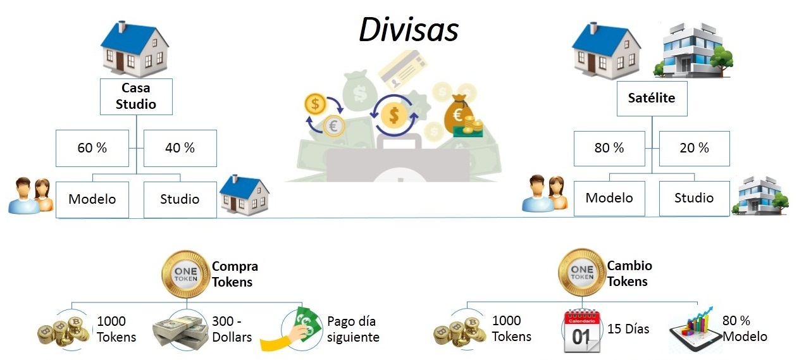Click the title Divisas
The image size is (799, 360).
coord(408,29)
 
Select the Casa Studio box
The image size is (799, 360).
coord(136,96)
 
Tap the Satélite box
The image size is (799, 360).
coord(652,98)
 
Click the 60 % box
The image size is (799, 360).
coord(92,148)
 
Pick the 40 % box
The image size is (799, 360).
coord(180,148)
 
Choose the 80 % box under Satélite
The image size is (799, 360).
coord(609,148)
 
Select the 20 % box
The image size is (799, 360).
coord(695,148)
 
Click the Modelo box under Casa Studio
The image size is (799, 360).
coord(92,199)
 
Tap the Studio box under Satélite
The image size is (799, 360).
coord(694,198)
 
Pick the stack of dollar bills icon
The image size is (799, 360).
coord(181,329)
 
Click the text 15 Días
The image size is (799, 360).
coord(628,329)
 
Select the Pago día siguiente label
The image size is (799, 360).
coord(353,329)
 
